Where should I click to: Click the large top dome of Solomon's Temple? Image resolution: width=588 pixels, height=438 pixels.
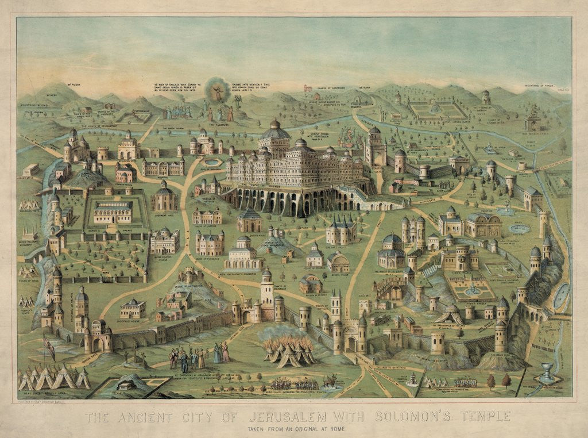pos(275,132)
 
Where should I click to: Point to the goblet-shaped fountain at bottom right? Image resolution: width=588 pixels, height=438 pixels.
pos(547,373)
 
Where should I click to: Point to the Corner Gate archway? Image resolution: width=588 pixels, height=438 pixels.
pos(97,344)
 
